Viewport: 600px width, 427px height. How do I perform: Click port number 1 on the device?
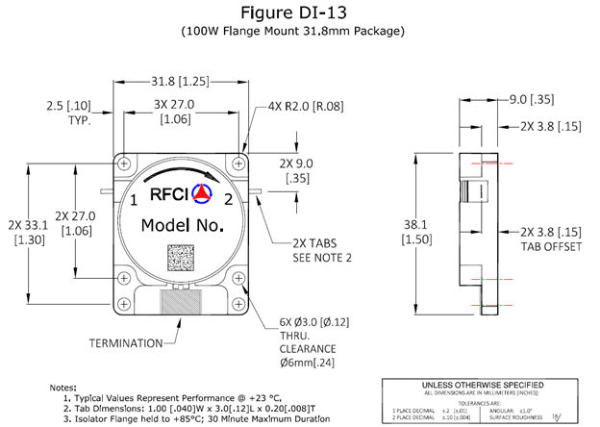(135, 200)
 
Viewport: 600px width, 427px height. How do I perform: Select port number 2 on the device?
(228, 200)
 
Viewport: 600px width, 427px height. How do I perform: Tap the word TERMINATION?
(125, 341)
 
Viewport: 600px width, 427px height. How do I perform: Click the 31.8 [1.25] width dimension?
(181, 80)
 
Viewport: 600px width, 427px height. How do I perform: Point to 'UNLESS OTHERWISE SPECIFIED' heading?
(487, 385)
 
